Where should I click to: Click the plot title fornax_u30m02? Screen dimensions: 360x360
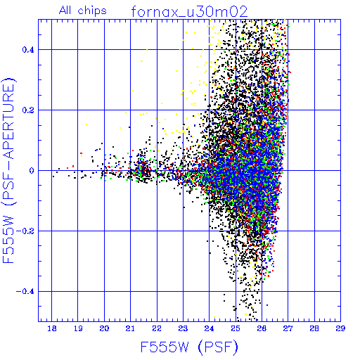pos(189,12)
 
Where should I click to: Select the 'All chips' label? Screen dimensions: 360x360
pos(83,11)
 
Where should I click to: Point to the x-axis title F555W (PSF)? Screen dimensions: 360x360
pos(189,347)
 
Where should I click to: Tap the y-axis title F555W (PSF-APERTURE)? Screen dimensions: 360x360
pos(8,170)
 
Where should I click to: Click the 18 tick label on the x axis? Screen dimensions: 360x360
pos(52,328)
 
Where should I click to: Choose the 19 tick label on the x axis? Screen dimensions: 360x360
pos(78,328)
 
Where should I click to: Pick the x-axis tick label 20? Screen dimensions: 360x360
pos(104,328)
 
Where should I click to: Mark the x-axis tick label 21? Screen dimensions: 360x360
pos(130,328)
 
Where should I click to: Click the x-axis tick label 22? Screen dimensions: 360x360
pos(157,328)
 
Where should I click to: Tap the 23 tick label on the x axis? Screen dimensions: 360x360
pos(183,328)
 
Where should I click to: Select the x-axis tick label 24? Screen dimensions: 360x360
pos(210,328)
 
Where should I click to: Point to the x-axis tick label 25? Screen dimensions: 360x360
pos(236,328)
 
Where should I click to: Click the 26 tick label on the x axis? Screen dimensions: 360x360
pos(262,328)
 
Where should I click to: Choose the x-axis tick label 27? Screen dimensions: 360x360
pos(288,328)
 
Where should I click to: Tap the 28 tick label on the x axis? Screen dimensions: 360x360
pos(314,328)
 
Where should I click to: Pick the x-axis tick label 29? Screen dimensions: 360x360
pos(340,328)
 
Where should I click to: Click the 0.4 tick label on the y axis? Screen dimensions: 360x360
pos(28,49)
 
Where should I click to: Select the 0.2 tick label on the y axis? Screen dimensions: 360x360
pos(28,110)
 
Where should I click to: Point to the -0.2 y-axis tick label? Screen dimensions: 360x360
pos(25,231)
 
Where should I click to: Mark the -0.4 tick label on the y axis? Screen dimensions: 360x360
pos(25,291)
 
